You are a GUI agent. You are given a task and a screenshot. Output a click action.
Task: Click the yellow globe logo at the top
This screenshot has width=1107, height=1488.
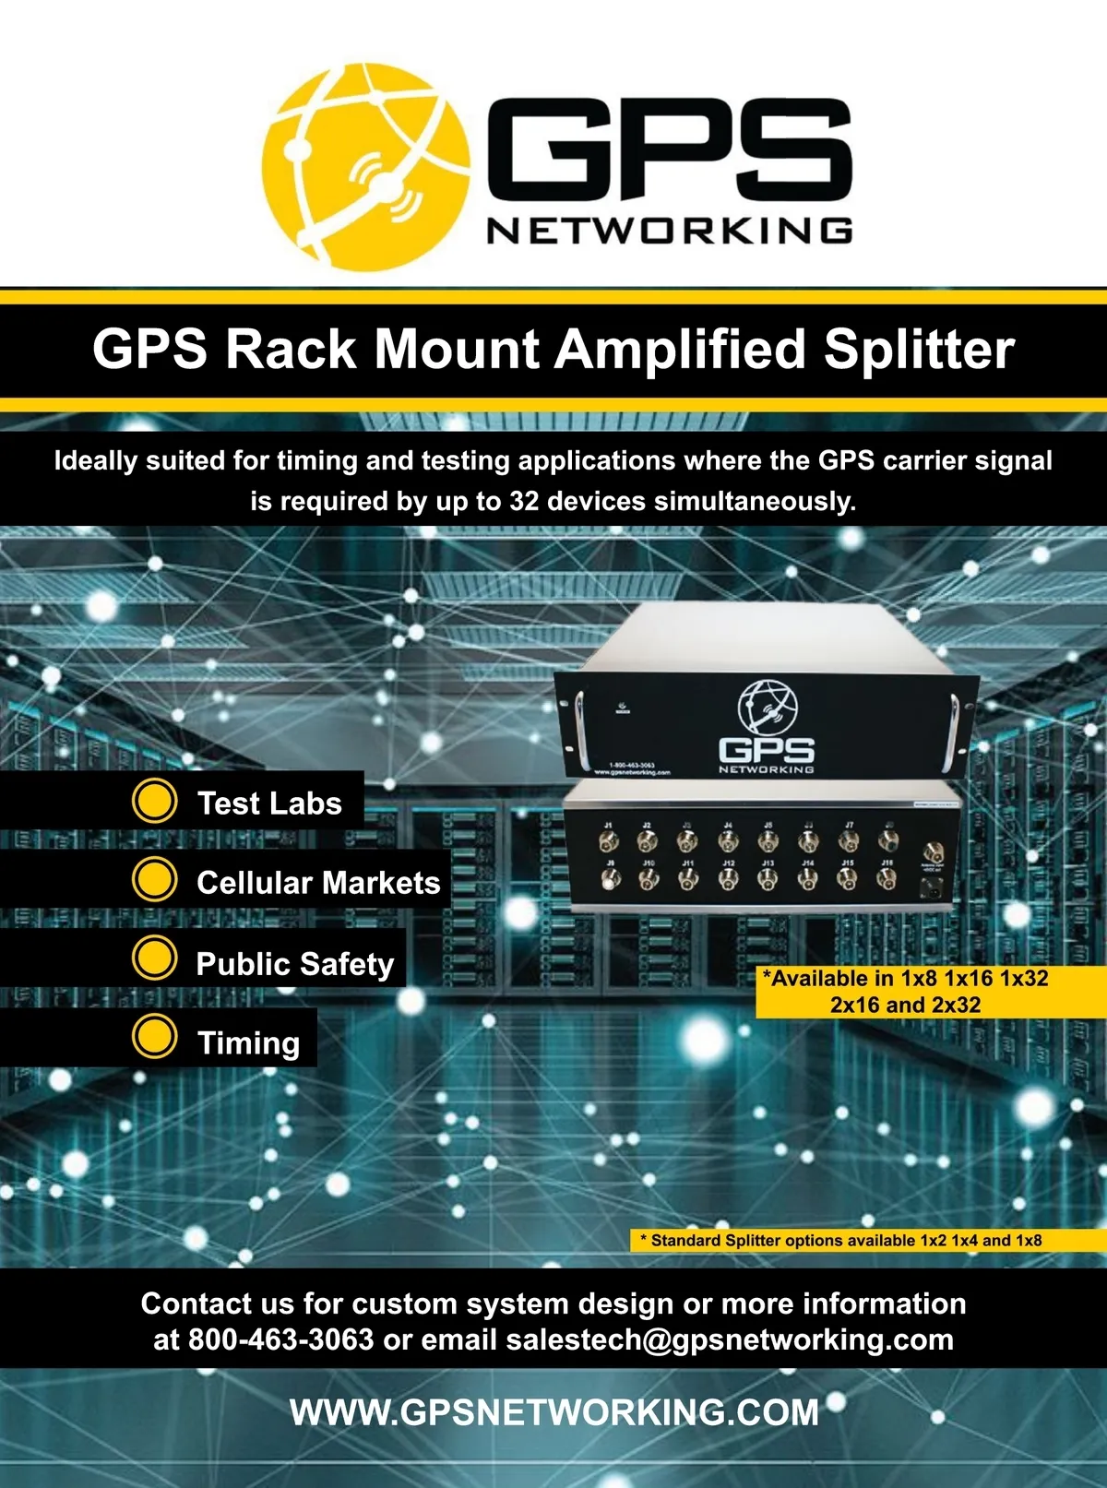[364, 166]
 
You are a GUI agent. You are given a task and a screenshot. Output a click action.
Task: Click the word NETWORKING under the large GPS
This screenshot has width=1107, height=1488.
[669, 231]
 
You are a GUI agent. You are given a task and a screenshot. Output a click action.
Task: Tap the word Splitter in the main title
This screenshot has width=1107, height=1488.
[919, 350]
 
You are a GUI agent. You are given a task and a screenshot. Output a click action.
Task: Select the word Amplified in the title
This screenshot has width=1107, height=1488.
[681, 350]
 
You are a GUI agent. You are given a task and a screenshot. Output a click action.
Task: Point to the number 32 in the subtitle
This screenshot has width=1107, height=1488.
[523, 501]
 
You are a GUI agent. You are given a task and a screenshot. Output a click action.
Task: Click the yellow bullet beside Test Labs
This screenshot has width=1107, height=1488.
[154, 802]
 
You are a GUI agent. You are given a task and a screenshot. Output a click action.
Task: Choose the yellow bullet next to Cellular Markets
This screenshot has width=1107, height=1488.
[154, 880]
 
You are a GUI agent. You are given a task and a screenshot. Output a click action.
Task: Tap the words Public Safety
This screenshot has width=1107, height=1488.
[294, 964]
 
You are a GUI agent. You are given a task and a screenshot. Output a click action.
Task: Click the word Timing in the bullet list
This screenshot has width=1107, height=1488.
[248, 1042]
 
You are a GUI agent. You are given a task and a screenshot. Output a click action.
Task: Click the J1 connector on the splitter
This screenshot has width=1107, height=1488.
[607, 840]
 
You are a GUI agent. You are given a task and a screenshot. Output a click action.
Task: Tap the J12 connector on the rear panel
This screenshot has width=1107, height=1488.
[728, 879]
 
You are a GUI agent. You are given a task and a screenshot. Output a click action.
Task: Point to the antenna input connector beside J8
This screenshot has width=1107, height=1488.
[931, 851]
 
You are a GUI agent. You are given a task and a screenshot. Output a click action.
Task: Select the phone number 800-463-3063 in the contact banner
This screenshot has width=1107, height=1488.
[280, 1339]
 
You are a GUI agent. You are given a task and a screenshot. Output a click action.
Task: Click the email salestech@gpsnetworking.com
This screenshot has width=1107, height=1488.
[729, 1339]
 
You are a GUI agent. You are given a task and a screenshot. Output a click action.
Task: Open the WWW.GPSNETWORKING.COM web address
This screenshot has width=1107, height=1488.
[553, 1412]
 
